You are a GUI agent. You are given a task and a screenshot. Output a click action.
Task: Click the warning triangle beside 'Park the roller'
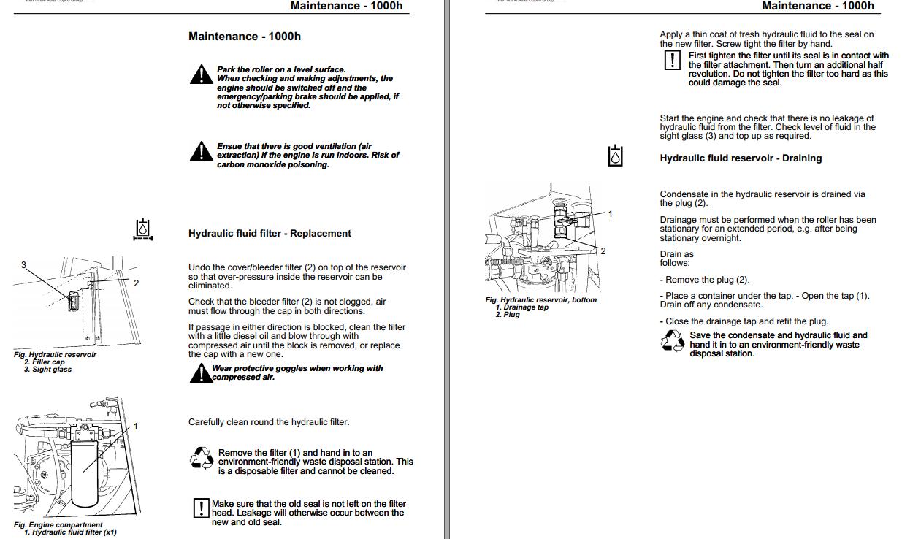(x=201, y=74)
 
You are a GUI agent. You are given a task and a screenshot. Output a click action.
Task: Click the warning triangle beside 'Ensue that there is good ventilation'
(x=201, y=152)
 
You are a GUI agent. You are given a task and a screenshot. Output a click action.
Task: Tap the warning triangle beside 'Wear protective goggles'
(x=200, y=373)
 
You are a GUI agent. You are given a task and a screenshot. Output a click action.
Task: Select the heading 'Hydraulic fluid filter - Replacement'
(x=270, y=234)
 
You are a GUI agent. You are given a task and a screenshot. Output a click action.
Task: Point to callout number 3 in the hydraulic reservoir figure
(x=23, y=265)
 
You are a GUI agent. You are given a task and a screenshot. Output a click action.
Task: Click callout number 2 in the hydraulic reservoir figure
(x=136, y=283)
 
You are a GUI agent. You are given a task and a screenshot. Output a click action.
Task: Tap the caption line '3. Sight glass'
(x=47, y=370)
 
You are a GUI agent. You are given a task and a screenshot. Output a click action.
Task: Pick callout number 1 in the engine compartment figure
(x=135, y=427)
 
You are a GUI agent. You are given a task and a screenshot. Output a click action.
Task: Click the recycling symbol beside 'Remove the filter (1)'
(x=201, y=459)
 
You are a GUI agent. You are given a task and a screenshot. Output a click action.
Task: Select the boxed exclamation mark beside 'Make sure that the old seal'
(x=201, y=508)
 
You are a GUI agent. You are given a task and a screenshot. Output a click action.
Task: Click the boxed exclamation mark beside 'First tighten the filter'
(x=672, y=60)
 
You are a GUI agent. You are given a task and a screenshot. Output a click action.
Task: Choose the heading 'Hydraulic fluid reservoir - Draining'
(x=741, y=158)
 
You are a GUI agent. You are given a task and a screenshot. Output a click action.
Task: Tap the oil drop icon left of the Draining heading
(x=616, y=156)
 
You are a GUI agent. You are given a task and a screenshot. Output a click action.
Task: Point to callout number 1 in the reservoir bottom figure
(x=611, y=214)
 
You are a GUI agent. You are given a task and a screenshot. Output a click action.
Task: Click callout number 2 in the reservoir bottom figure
(x=603, y=251)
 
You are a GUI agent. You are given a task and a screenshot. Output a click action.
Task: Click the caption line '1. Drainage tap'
(x=521, y=307)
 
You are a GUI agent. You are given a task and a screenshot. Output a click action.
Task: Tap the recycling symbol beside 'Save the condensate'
(x=672, y=341)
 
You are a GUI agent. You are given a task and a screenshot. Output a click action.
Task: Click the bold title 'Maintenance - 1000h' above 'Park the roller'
(x=244, y=37)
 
